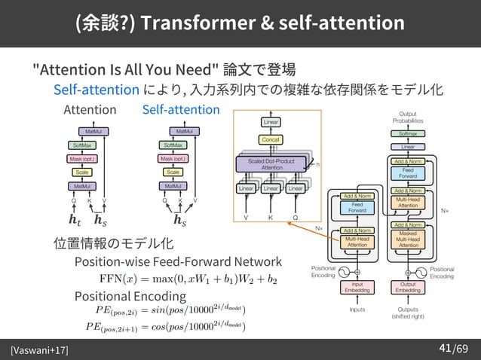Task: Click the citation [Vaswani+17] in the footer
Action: [38, 350]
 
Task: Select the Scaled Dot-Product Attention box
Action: [271, 164]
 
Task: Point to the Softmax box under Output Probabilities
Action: [406, 133]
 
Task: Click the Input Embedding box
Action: [357, 288]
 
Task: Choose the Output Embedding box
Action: [408, 288]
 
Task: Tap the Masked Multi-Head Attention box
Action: [408, 239]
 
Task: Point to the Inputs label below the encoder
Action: [357, 310]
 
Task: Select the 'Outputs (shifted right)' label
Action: [408, 313]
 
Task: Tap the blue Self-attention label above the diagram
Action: [181, 111]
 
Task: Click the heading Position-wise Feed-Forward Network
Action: [178, 262]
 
